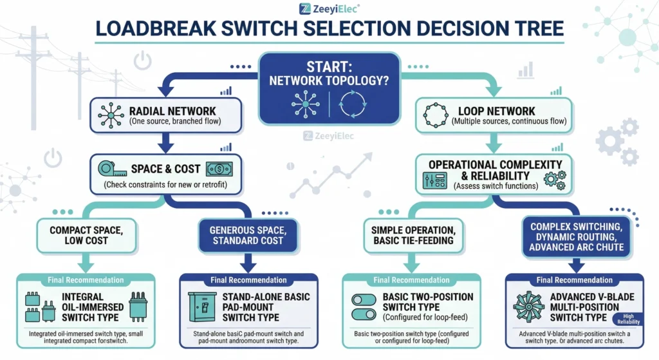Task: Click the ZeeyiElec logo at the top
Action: click(x=329, y=8)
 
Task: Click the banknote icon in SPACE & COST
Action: click(x=219, y=169)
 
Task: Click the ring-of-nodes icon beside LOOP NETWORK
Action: click(x=436, y=114)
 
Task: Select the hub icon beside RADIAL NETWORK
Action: click(x=111, y=114)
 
